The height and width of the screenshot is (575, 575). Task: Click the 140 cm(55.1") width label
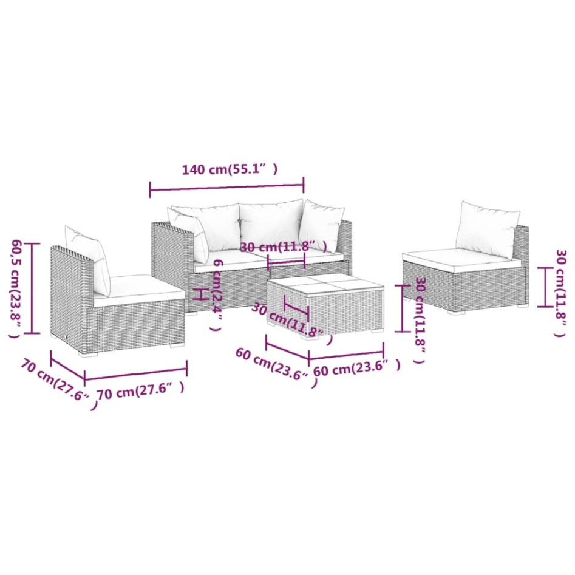230,170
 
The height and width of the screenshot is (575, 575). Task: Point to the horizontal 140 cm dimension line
226,188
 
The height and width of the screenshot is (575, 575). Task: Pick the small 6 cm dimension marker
199,294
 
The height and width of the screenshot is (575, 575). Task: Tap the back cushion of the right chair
488,229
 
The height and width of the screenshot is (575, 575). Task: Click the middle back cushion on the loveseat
270,224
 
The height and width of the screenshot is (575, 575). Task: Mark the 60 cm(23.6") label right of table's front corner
356,367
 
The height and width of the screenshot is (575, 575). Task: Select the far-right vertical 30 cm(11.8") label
561,291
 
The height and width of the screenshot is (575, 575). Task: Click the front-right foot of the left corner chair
177,344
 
